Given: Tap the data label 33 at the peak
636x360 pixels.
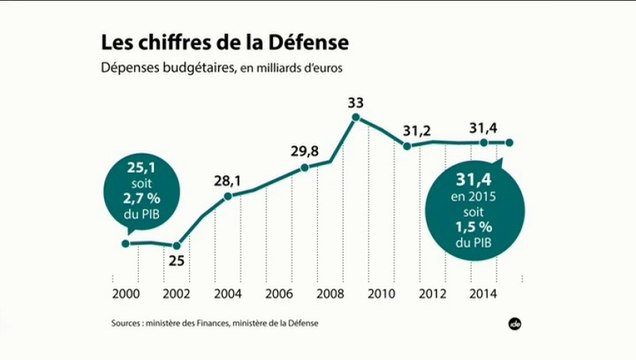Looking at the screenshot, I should pyautogui.click(x=356, y=102).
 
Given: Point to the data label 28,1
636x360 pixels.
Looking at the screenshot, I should pyautogui.click(x=228, y=180).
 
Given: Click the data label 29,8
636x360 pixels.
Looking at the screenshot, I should pyautogui.click(x=305, y=151).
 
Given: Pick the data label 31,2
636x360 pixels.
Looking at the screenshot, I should pyautogui.click(x=416, y=130).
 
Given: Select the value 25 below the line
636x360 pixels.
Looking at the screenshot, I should pyautogui.click(x=177, y=262).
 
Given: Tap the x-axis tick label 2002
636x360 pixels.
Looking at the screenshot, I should pyautogui.click(x=177, y=295).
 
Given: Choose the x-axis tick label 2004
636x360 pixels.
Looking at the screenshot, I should pyautogui.click(x=228, y=295).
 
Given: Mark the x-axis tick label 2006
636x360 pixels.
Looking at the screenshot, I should pyautogui.click(x=280, y=295).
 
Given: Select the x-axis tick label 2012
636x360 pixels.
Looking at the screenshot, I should pyautogui.click(x=433, y=295).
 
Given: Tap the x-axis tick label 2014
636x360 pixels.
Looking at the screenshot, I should pyautogui.click(x=484, y=295).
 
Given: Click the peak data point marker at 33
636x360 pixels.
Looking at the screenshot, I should pyautogui.click(x=356, y=119).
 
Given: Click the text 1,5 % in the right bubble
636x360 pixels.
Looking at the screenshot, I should pyautogui.click(x=463, y=226).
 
